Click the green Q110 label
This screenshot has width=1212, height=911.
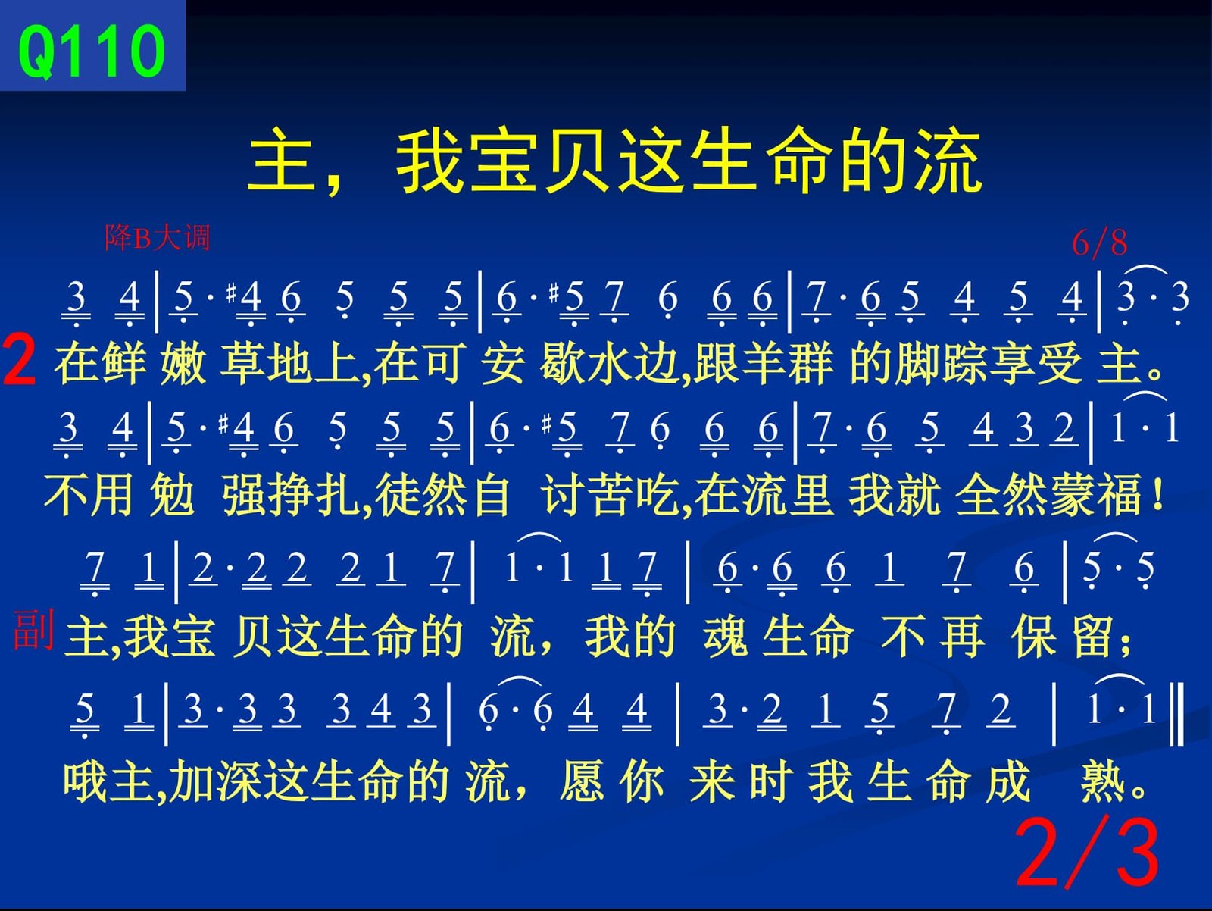(x=92, y=52)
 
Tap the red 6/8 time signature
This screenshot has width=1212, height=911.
(x=1099, y=243)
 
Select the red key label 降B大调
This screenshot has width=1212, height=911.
(x=158, y=238)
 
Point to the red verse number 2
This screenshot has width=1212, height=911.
(x=20, y=362)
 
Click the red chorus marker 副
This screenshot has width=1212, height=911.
(x=33, y=630)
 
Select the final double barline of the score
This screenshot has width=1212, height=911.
(x=1178, y=714)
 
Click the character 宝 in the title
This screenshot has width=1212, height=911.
(x=504, y=160)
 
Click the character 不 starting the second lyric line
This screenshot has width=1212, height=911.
(x=66, y=495)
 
